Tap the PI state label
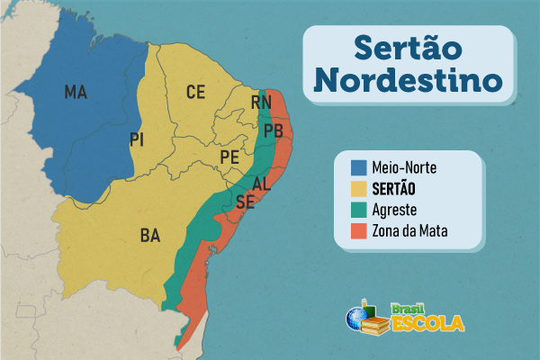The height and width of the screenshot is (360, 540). coord(137,139)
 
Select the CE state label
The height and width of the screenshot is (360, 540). coord(196,91)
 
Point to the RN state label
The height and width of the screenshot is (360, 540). coord(261,103)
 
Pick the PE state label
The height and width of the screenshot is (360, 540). coord(229,157)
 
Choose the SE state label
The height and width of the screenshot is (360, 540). coord(245,202)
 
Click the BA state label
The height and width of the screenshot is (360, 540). coord(150,236)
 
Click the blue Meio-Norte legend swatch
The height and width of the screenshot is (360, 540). coord(359,167)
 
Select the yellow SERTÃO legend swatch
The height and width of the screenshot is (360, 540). coord(359,189)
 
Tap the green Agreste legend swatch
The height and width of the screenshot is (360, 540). coord(359,211)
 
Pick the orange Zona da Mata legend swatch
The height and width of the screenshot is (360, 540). coord(359,232)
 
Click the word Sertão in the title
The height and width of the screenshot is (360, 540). coord(408,45)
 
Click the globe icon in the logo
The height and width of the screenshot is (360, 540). coord(356,318)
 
